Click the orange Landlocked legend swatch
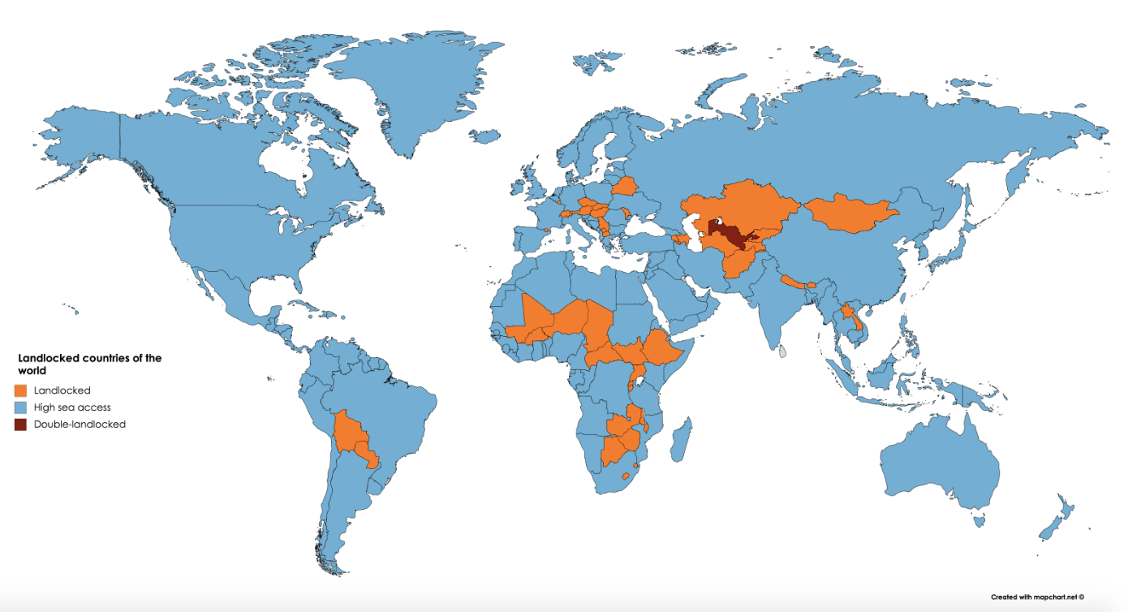point(21,390)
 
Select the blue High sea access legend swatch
point(21,407)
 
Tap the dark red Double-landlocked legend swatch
point(21,424)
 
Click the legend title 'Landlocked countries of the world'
point(89,364)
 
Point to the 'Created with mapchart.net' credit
point(1037,597)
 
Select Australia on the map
point(941,463)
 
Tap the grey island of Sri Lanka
point(782,352)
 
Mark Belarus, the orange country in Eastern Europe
point(626,187)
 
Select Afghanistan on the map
point(739,261)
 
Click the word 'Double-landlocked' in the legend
point(80,424)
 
